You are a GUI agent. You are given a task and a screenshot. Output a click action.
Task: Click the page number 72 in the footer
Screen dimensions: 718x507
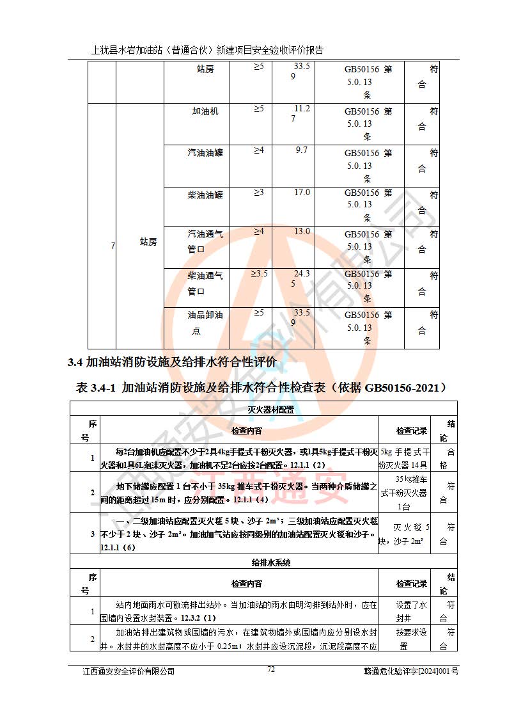coord(271,669)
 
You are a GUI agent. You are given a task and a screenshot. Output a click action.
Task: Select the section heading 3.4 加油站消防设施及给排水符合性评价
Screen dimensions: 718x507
coord(172,362)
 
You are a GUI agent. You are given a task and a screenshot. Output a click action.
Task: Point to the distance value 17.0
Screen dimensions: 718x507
coord(302,192)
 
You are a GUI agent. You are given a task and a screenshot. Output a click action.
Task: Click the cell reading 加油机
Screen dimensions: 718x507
coord(205,111)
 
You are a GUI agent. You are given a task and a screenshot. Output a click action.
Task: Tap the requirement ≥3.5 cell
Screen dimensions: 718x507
coord(258,274)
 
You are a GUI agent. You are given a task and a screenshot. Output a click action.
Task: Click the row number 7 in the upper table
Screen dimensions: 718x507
coord(113,246)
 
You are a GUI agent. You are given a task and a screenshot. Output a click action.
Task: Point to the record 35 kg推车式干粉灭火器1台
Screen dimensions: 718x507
coord(404,492)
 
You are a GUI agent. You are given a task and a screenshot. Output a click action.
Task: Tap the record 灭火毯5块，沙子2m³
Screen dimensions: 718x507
coord(404,534)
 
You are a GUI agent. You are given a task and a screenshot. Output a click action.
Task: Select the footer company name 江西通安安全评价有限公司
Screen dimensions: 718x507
coord(129,671)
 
